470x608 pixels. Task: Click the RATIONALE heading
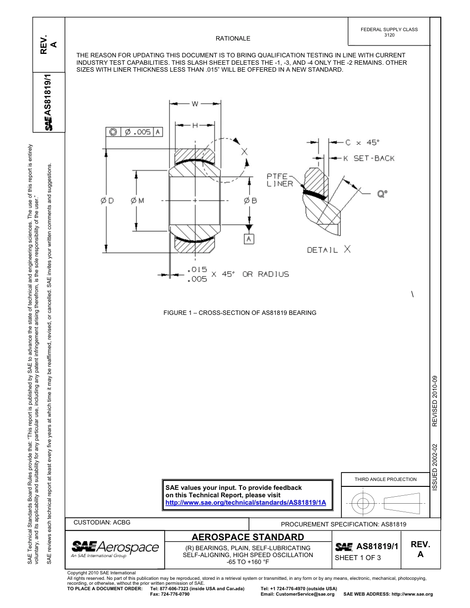pos(233,39)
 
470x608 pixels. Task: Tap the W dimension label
pos(195,104)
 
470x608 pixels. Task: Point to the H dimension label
pos(195,126)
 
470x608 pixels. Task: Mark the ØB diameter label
pos(250,201)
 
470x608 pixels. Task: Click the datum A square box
pos(249,239)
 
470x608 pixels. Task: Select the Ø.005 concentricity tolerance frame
pos(134,132)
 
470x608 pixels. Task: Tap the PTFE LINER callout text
pos(280,180)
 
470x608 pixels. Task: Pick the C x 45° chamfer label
pos(362,143)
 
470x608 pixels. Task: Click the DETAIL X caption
pos(329,250)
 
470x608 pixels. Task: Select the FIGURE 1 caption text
pos(240,313)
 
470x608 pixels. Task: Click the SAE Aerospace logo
pos(115,548)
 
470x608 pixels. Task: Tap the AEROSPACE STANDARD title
pos(248,537)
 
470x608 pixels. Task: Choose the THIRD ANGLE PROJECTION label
pos(385,479)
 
